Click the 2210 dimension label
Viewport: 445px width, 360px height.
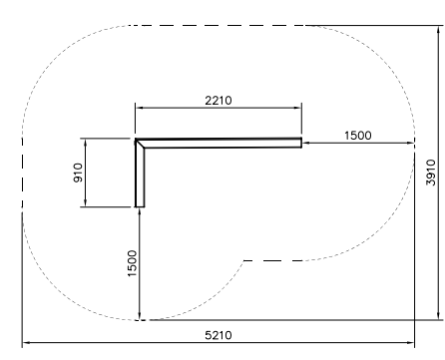coord(219,101)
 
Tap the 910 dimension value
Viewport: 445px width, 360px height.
coord(78,173)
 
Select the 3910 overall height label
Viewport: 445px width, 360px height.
coord(431,173)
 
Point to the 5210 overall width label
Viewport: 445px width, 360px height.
coord(219,335)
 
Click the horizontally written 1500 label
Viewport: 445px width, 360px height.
coord(358,136)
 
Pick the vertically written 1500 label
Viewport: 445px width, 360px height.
coord(132,263)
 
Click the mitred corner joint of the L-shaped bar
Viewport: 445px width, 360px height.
coord(140,144)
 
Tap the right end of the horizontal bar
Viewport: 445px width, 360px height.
coord(301,143)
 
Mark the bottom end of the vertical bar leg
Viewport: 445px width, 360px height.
coord(140,206)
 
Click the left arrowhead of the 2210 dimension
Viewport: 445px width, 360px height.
coord(140,108)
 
